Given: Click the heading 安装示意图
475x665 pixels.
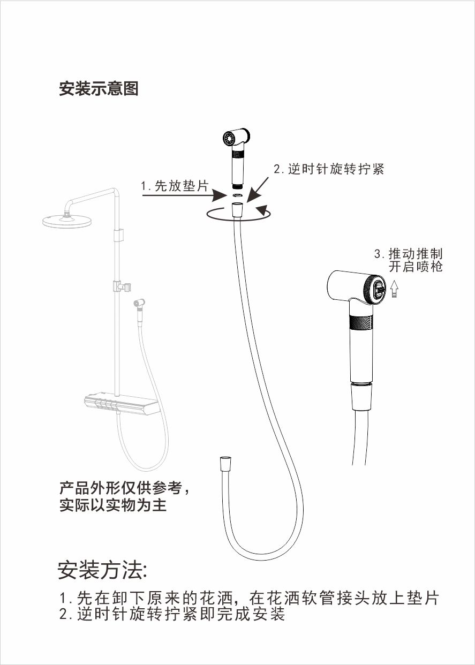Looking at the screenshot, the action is point(99,88).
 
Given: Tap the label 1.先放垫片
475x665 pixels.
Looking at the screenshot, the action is point(175,186).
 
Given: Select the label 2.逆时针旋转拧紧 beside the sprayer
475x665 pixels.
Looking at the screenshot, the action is point(329,169).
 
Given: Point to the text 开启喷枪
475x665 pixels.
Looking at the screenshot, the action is point(416,266).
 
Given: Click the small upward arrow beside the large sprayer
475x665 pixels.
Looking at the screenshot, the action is point(394,289).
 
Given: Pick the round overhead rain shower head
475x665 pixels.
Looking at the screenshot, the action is point(67,220).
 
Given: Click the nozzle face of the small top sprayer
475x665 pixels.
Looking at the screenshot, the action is point(230,138).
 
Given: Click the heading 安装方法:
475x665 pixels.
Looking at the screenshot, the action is point(102,570).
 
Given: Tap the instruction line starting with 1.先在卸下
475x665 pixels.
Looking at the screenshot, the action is point(249,597).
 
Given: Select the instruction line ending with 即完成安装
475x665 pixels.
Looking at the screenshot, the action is point(172,613).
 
